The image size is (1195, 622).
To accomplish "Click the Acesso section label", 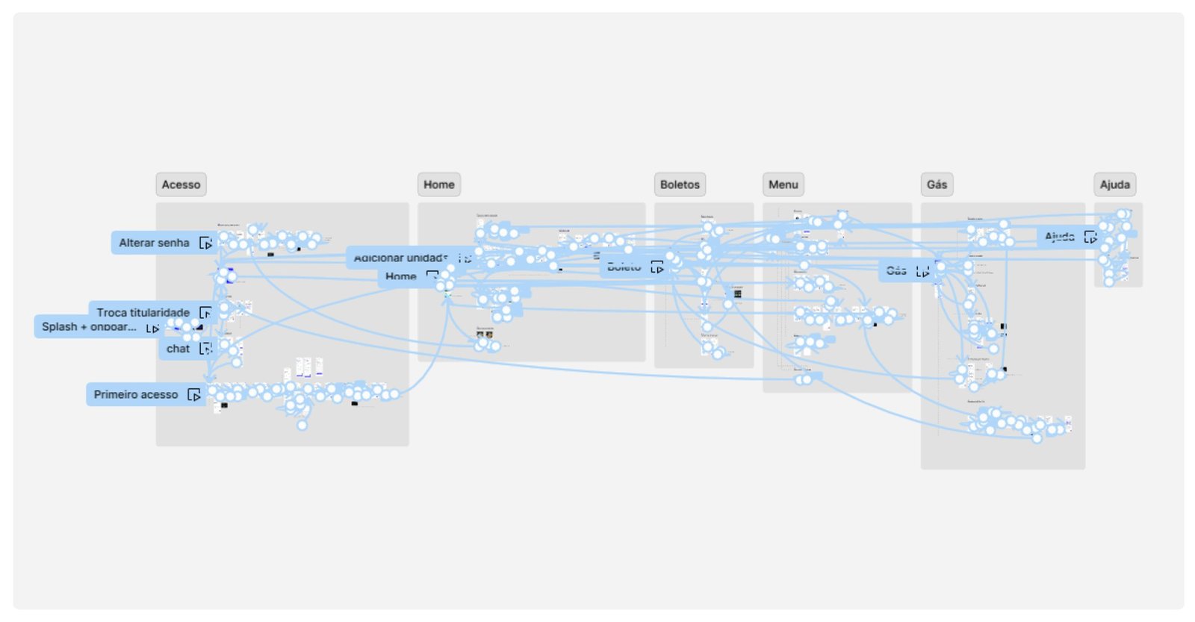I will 181,184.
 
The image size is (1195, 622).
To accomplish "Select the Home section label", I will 438,184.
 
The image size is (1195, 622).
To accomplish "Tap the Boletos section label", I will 680,184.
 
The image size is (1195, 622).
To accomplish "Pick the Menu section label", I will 783,184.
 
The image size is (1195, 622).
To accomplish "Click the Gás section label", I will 937,184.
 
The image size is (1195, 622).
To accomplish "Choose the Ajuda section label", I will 1114,184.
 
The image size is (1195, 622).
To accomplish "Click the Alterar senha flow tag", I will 154,243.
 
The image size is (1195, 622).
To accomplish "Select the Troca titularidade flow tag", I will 143,312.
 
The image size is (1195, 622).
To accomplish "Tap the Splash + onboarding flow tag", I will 89,326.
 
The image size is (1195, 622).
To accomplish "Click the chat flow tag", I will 178,349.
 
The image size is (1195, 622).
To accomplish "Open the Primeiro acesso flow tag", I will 136,394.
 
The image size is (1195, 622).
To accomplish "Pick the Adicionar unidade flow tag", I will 400,258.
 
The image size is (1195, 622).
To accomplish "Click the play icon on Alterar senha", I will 205,243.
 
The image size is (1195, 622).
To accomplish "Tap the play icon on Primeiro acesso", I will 194,395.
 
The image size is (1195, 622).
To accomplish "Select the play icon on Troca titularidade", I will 205,313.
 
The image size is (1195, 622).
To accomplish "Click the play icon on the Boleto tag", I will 657,267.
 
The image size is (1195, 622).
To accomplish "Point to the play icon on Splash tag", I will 152,328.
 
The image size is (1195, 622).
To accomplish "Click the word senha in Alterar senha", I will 173,243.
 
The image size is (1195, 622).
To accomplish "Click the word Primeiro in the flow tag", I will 117,394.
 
